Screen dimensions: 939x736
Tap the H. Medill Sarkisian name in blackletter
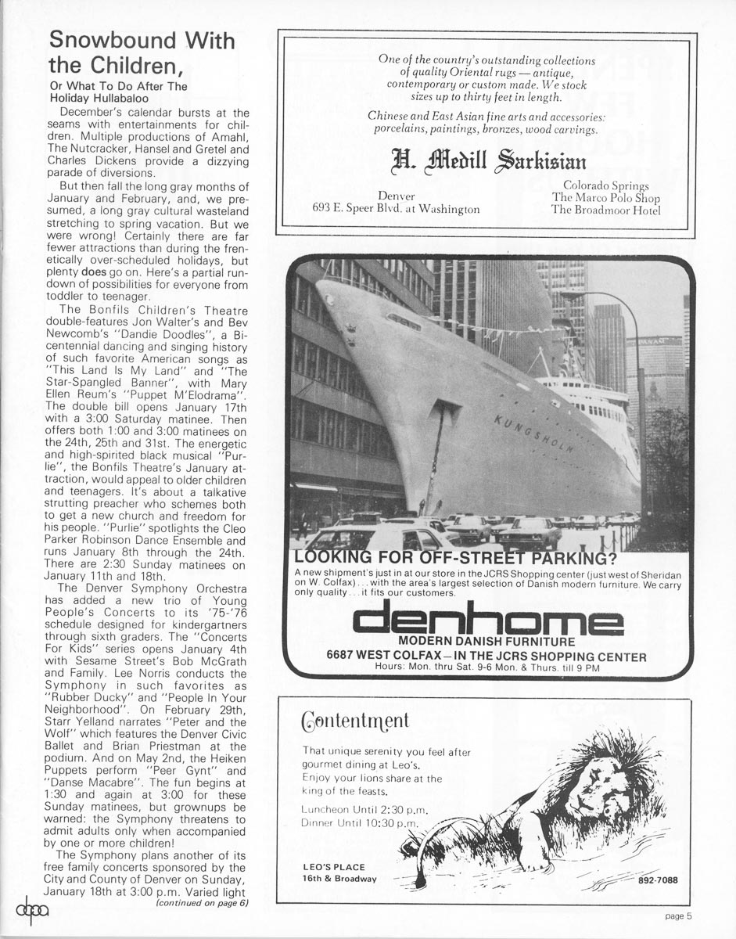pos(486,162)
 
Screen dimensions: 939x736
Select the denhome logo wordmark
pos(487,622)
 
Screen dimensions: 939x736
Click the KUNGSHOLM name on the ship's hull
pos(534,435)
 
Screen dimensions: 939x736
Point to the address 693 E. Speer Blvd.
pos(395,210)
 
